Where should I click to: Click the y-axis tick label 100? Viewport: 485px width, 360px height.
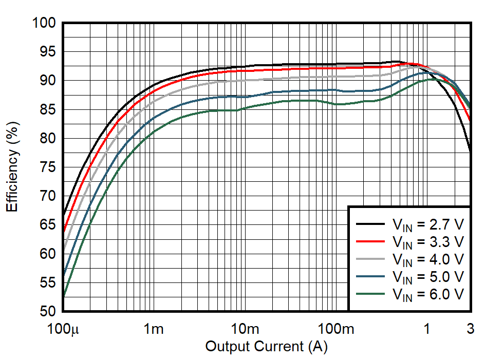point(44,23)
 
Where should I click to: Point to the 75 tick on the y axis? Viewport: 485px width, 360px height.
point(48,167)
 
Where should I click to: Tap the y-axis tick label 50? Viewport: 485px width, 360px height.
point(48,312)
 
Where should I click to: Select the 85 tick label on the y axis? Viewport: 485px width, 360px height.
point(48,110)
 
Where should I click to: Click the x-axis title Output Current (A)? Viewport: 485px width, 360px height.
point(266,347)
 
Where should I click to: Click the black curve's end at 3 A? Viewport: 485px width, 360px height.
point(471,152)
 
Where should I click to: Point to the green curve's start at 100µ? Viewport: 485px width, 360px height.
point(63,296)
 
